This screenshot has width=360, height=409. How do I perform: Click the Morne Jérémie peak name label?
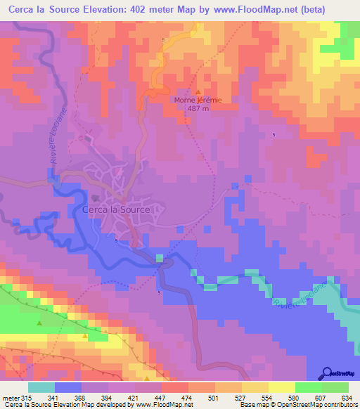pyautogui.click(x=198, y=100)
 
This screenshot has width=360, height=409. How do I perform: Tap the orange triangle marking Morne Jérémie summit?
pyautogui.click(x=198, y=91)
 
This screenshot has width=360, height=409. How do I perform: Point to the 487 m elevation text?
pyautogui.click(x=198, y=108)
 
